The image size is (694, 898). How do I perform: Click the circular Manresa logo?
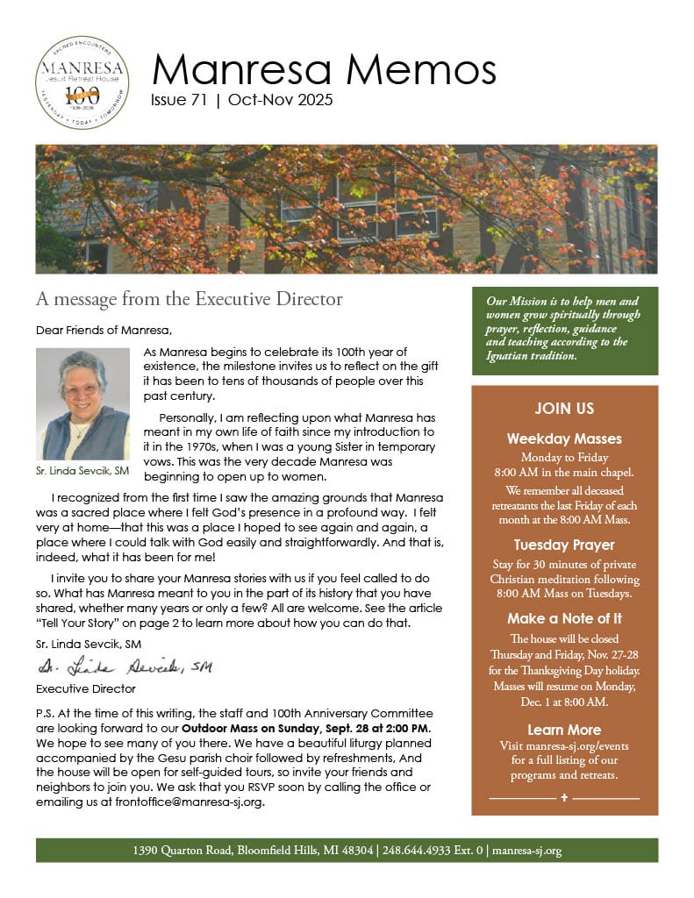82,82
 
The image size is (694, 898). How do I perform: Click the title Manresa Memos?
324,68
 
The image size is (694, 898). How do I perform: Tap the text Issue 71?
179,100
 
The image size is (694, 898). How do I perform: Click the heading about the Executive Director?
189,299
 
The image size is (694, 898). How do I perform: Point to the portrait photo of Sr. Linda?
83,404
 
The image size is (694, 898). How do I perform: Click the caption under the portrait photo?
83,471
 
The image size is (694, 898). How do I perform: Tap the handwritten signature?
124,668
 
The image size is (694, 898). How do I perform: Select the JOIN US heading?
564,409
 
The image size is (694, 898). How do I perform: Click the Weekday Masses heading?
564,438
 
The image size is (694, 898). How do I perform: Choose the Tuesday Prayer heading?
564,545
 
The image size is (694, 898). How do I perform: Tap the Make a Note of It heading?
564,618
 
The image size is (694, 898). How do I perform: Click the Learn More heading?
564,730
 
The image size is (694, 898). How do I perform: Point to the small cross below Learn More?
564,798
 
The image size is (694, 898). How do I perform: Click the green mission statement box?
564,331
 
